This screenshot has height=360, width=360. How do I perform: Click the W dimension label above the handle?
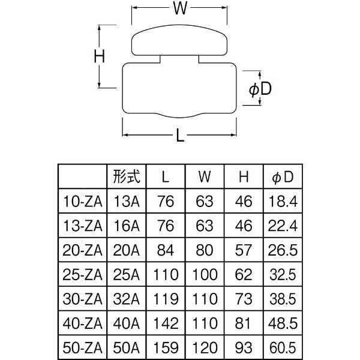(x=180, y=8)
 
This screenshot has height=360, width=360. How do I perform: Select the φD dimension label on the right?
(x=260, y=89)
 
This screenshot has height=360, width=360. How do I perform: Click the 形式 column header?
(x=126, y=178)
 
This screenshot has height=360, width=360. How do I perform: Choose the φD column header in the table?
(x=283, y=178)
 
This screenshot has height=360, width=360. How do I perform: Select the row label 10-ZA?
(x=82, y=202)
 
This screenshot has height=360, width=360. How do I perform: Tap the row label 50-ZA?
(x=82, y=347)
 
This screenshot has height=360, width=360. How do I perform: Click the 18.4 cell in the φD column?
(x=283, y=202)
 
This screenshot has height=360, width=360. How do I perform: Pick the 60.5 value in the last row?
(x=283, y=347)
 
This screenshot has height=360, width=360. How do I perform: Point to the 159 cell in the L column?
(x=165, y=347)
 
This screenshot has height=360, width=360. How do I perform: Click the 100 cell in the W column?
(x=205, y=274)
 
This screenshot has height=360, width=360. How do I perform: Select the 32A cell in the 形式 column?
(x=126, y=298)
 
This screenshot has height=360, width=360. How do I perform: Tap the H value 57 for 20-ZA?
(x=244, y=250)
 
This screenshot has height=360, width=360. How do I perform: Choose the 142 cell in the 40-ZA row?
(x=165, y=323)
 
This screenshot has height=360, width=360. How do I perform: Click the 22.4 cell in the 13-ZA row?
(x=283, y=226)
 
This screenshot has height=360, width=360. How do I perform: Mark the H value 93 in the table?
(x=244, y=347)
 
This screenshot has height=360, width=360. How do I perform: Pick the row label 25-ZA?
(x=82, y=274)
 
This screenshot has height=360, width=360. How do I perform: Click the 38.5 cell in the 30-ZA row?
(x=283, y=298)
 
